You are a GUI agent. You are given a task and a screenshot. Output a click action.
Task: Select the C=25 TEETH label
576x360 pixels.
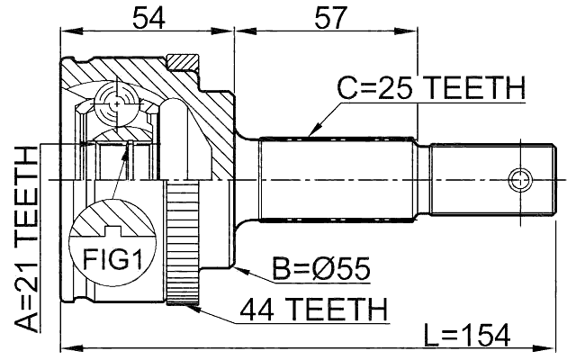coord(430,88)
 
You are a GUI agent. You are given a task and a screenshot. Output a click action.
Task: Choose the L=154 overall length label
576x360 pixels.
coord(465,335)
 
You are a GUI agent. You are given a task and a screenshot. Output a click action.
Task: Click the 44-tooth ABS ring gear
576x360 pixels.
coord(181,243)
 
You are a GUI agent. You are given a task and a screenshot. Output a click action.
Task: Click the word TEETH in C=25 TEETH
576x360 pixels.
coord(473,88)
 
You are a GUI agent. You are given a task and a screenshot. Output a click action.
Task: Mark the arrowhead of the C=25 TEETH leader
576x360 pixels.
coord(310,134)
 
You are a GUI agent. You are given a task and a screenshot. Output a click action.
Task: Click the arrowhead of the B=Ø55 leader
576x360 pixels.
coord(236,266)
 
